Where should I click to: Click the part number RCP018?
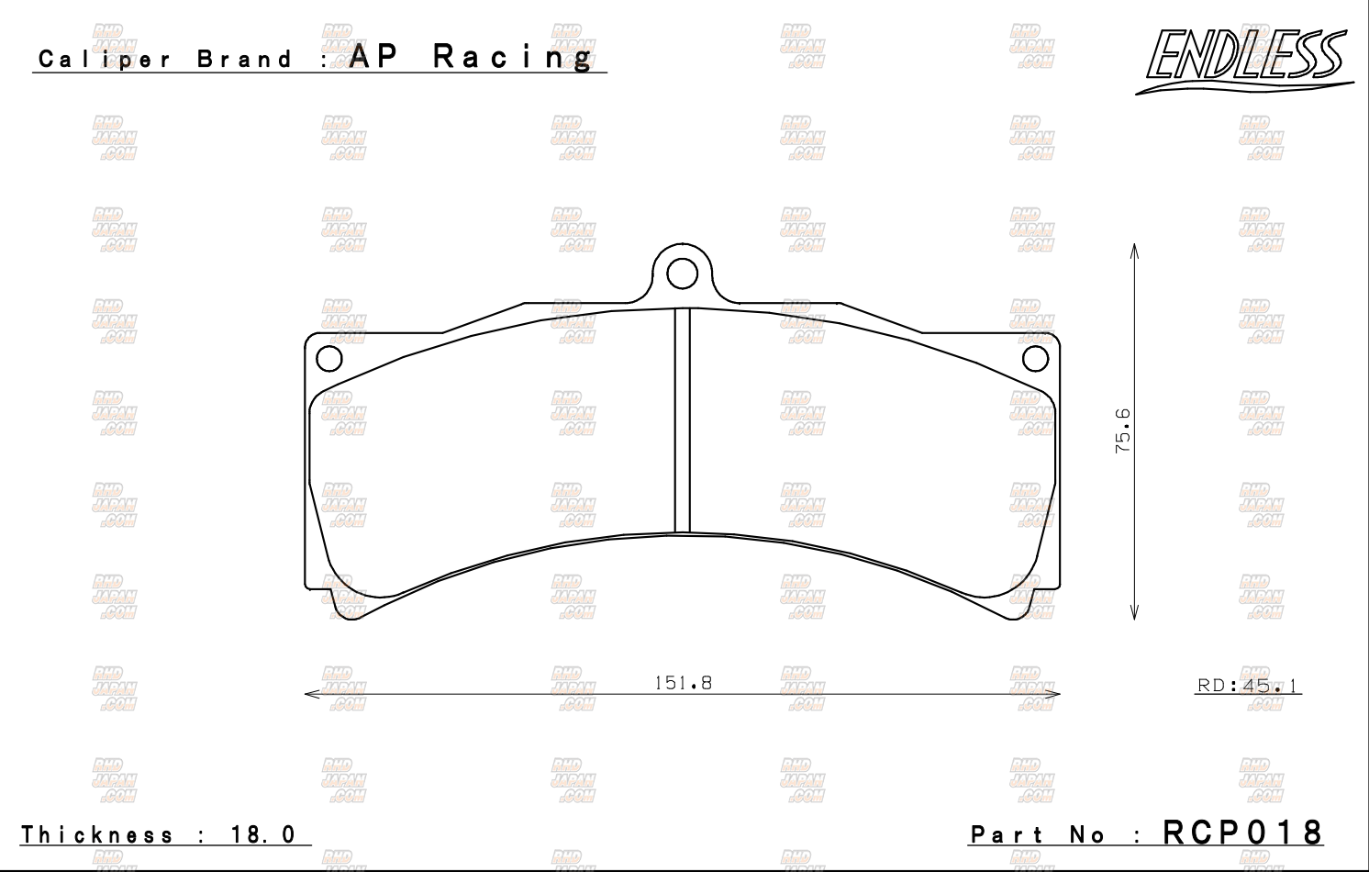[x=1243, y=832]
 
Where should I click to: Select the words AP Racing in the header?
[x=472, y=57]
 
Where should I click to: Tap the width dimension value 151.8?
[x=683, y=683]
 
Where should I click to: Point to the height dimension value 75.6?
[x=1123, y=431]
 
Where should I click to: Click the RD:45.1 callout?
[x=1248, y=686]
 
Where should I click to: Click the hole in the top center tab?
[x=682, y=273]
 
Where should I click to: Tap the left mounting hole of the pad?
[x=329, y=358]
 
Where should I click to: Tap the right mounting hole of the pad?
[x=1035, y=358]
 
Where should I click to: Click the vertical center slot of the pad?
[x=682, y=420]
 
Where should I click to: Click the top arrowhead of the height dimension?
[x=1135, y=251]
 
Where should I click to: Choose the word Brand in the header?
[x=245, y=61]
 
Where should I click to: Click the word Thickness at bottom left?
[x=97, y=834]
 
